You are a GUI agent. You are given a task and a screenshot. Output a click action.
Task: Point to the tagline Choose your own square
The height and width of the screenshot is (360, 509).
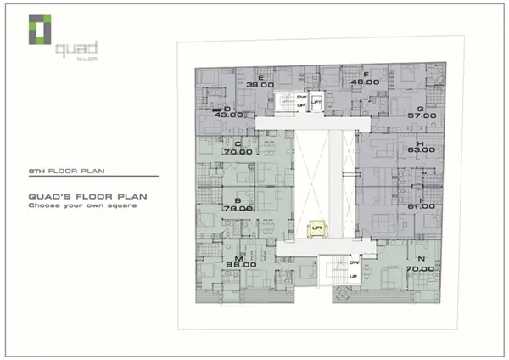click(82, 205)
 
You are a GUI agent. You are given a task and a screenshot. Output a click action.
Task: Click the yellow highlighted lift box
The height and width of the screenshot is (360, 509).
click(316, 228)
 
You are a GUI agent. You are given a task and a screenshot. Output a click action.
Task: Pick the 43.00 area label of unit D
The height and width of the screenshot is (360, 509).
click(229, 114)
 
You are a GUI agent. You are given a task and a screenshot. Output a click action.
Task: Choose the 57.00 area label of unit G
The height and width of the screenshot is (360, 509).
click(422, 115)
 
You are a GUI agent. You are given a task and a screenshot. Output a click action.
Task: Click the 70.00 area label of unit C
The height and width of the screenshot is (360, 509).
click(238, 150)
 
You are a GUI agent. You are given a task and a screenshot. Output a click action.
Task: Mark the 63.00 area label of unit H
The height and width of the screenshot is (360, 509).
click(422, 150)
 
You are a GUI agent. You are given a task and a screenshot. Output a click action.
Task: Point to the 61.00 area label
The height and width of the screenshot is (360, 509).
click(422, 206)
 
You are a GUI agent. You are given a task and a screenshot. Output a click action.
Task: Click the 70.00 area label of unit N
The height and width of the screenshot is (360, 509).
click(420, 267)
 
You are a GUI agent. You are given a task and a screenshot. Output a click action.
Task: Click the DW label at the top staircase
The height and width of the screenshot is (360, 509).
click(301, 97)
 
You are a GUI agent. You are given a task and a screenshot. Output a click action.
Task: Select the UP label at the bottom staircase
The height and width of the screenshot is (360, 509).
click(354, 276)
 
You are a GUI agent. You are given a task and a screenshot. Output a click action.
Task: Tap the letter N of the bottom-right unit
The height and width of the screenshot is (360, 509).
click(421, 258)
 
